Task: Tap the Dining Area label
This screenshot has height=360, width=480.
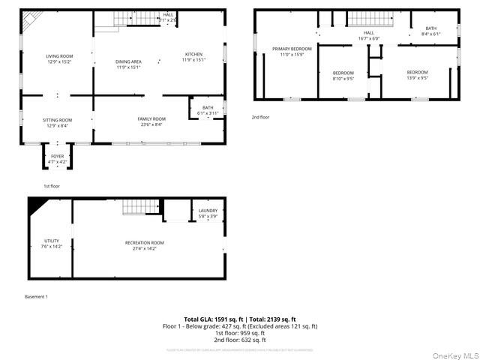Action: [x=128, y=64]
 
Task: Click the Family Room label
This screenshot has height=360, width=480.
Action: [x=151, y=122]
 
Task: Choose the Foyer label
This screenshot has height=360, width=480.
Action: [x=58, y=158]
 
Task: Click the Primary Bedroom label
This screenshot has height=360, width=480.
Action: [x=286, y=52]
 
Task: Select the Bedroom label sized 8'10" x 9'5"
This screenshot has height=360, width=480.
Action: [x=343, y=76]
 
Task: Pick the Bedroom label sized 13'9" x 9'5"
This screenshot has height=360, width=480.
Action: [x=417, y=75]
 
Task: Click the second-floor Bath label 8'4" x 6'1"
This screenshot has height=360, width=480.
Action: [x=430, y=31]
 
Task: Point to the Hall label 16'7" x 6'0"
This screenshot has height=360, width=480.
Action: [x=368, y=36]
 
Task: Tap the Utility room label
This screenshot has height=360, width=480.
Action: [x=51, y=243]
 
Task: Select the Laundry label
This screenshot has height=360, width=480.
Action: [x=208, y=214]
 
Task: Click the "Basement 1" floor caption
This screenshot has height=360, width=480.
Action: [x=36, y=297]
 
